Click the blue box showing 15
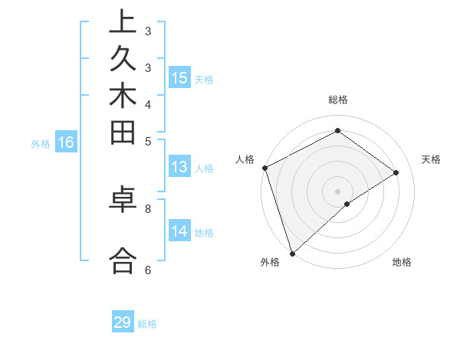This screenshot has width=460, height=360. click(x=179, y=78)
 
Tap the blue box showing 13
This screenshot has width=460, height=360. click(x=179, y=168)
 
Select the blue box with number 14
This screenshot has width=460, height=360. click(x=179, y=232)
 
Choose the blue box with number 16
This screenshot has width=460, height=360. click(x=66, y=142)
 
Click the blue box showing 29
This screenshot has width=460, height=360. click(x=123, y=322)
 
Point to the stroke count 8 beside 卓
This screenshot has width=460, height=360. click(x=148, y=208)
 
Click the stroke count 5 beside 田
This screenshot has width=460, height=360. click(x=148, y=141)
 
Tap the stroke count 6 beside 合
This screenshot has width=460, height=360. click(x=148, y=270)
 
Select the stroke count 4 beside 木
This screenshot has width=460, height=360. click(x=148, y=104)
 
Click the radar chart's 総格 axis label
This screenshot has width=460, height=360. click(x=337, y=100)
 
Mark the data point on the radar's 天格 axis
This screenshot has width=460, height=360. click(x=396, y=172)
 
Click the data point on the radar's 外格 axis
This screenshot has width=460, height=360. click(x=292, y=253)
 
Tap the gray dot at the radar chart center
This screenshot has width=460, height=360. click(x=337, y=191)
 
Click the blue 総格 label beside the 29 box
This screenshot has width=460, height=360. click(x=147, y=324)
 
